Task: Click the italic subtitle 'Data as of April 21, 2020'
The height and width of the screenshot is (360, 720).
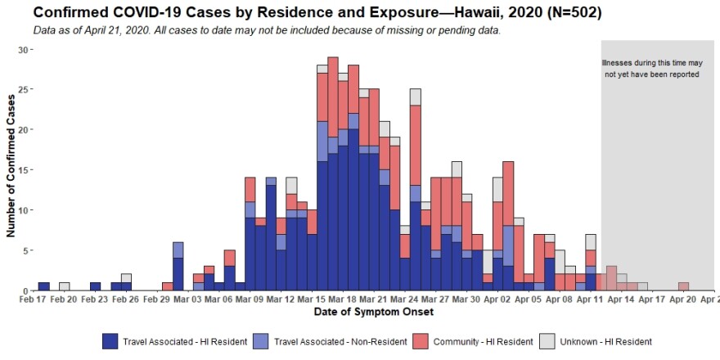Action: (266, 30)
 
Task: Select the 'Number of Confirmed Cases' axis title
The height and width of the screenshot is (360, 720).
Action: (11, 169)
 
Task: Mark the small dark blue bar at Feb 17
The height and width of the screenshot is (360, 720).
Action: (43, 286)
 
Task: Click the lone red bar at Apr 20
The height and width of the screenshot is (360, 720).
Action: (683, 286)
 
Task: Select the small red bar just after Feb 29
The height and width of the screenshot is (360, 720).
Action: (167, 286)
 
